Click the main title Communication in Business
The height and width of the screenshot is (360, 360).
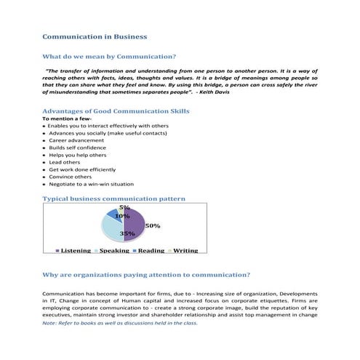[x=95, y=36]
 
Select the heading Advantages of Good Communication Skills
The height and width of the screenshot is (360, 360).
[x=116, y=111]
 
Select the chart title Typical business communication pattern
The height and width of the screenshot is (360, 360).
[x=114, y=198]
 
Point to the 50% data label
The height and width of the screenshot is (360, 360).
[x=153, y=225]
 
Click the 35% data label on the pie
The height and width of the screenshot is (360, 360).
[x=127, y=234]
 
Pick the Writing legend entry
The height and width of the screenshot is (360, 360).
[x=185, y=250]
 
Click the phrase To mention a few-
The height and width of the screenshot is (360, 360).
[x=66, y=118]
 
